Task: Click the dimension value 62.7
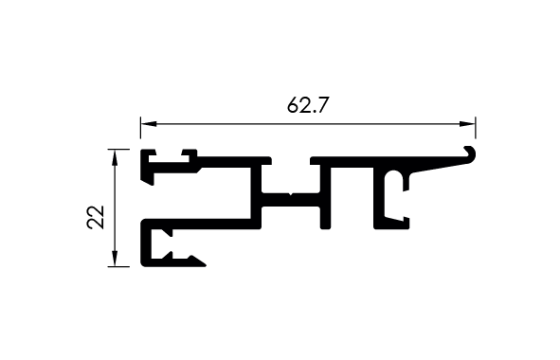click(307, 105)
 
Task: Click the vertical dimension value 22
click(96, 217)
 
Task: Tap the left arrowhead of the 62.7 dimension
click(148, 124)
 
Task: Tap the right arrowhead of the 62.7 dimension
click(467, 124)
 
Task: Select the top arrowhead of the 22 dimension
click(115, 157)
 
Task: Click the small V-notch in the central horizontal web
click(291, 194)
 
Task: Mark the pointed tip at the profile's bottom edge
click(205, 265)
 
